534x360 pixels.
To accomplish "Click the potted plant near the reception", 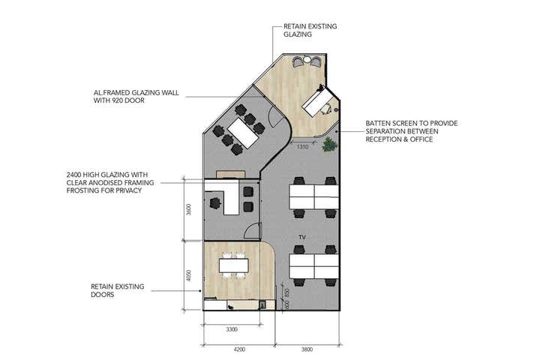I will (x=328, y=144).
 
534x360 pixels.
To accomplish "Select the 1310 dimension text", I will (x=302, y=147).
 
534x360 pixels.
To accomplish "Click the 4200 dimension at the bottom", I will (x=238, y=349).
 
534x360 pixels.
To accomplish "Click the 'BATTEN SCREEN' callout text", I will (x=412, y=131).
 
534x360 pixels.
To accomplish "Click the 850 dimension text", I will (x=286, y=293).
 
